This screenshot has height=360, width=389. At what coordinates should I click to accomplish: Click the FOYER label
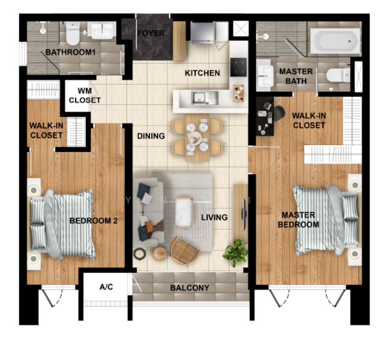(x=151, y=33)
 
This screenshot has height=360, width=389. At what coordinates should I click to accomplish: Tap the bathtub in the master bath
(x=335, y=41)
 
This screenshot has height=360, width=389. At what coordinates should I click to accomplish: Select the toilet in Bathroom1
(x=73, y=33)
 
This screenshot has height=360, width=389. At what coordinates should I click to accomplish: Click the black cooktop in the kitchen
(x=238, y=67)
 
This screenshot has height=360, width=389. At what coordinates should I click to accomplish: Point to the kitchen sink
(x=204, y=98)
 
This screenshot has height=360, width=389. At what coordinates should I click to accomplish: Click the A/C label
(x=106, y=287)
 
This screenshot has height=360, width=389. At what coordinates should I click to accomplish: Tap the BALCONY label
(x=190, y=288)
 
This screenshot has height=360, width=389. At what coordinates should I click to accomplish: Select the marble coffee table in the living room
(x=184, y=212)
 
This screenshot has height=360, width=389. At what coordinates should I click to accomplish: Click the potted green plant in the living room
(x=236, y=252)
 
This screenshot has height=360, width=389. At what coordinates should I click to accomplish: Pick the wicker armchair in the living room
(x=185, y=251)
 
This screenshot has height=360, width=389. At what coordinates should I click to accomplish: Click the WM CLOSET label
(x=85, y=95)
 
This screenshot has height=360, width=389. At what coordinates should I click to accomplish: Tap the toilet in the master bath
(x=338, y=75)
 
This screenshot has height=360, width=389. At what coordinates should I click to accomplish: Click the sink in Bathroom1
(x=102, y=31)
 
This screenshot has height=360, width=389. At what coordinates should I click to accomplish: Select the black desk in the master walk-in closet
(x=265, y=116)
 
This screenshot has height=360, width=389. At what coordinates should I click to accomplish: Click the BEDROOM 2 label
(x=94, y=221)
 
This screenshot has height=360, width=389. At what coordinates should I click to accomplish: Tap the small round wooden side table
(x=159, y=253)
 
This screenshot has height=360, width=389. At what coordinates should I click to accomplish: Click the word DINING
(x=151, y=136)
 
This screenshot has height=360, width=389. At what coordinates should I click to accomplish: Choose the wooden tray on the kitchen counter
(x=239, y=94)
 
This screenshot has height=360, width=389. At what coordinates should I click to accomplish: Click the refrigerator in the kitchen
(x=203, y=33)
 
